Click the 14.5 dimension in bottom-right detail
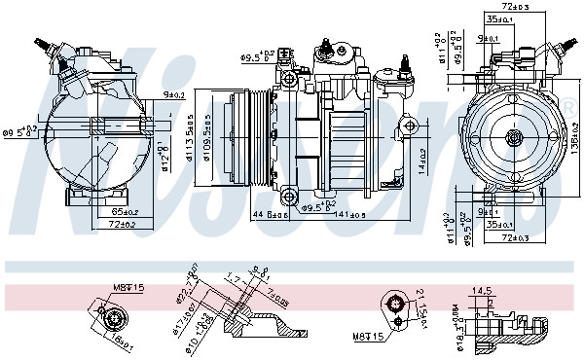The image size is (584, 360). tap(481, 289)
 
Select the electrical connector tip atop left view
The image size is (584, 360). tap(40, 42)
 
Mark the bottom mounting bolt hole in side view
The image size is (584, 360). tap(289, 199)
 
